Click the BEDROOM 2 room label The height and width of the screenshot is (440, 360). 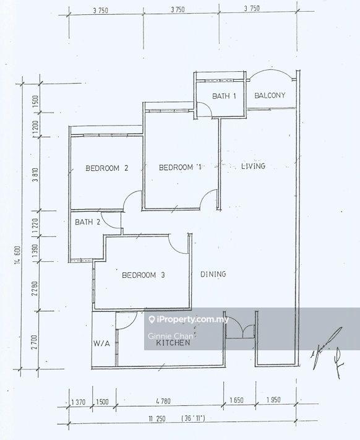coord(106,168)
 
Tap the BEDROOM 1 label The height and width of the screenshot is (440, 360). coord(180,167)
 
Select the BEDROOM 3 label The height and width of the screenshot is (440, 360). coord(142,275)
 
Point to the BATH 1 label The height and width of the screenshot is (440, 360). coord(224,96)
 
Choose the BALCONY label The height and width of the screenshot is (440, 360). coord(270,95)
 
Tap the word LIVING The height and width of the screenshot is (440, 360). coord(253,166)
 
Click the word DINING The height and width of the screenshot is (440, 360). coord(213,274)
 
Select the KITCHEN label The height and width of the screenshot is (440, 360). coord(173,342)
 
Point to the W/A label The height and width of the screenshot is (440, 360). coord(101,343)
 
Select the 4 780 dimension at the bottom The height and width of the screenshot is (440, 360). coord(163,402)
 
